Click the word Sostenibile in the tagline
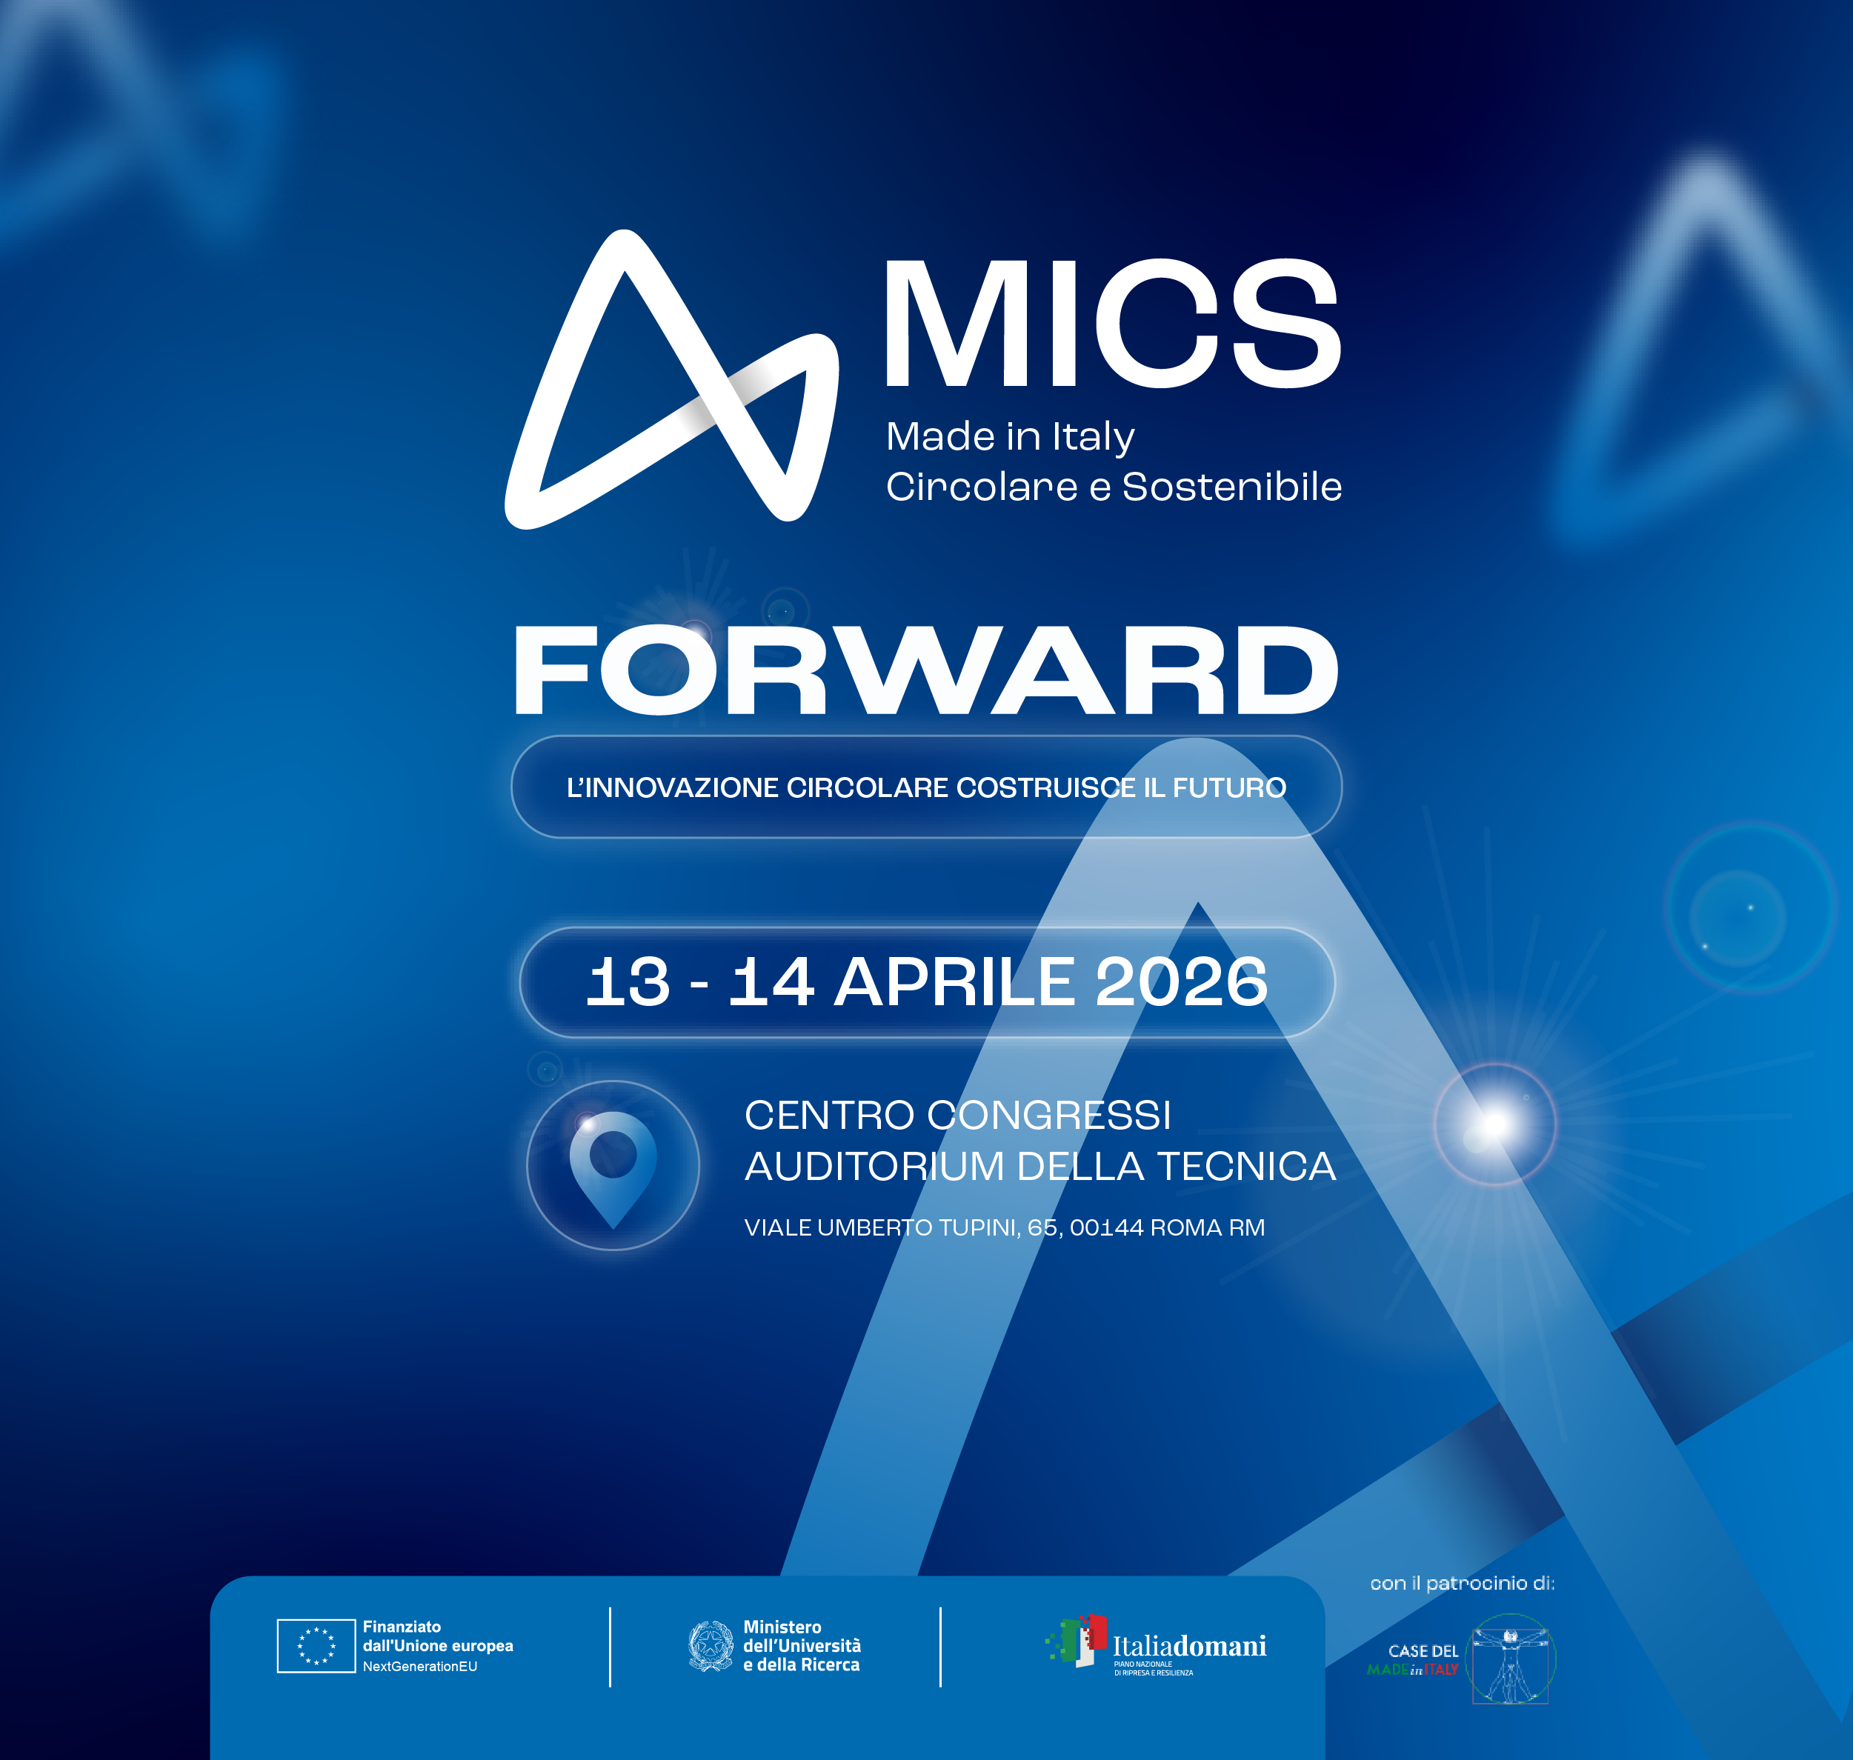pos(1232,487)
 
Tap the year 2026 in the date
pos(1181,982)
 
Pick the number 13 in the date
pos(628,982)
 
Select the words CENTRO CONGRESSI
pos(958,1116)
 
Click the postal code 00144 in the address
pos(1107,1227)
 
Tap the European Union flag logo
pos(316,1645)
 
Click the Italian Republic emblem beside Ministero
pos(711,1645)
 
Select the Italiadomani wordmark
pos(1190,1645)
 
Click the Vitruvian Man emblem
pos(1511,1659)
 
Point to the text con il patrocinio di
pos(1462,1584)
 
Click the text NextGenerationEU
pos(420,1666)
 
